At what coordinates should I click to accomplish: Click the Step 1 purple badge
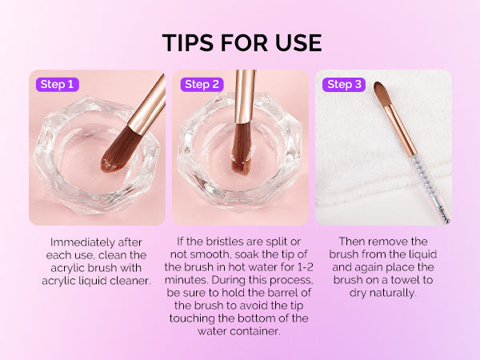[x=58, y=85]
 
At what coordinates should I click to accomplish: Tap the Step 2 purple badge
[x=202, y=85]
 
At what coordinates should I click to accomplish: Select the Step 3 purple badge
[x=344, y=85]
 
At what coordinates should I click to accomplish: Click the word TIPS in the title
[x=188, y=42]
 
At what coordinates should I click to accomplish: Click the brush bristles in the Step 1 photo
[x=121, y=150]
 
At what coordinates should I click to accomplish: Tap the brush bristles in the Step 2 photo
[x=241, y=147]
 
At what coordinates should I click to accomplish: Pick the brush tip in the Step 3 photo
[x=382, y=94]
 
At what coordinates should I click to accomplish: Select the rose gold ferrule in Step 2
[x=244, y=97]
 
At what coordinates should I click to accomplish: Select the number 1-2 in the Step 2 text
[x=305, y=267]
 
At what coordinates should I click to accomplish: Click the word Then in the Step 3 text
[x=351, y=242]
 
